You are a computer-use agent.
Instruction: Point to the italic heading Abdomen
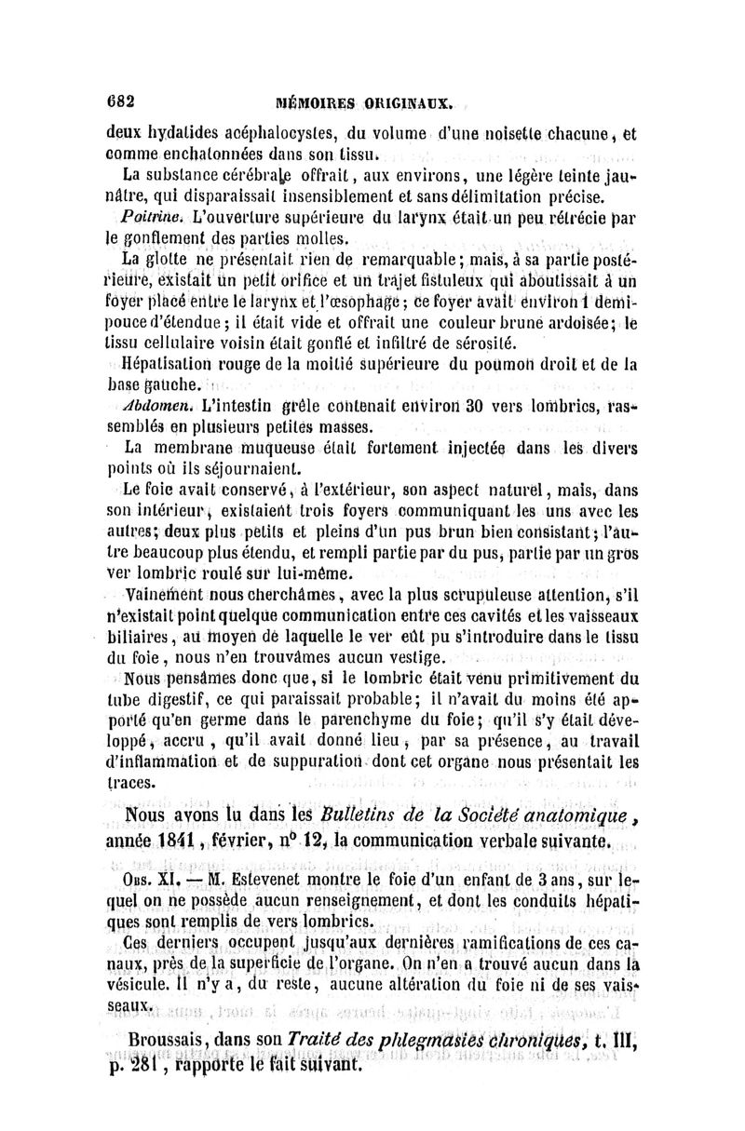pos(151,403)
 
